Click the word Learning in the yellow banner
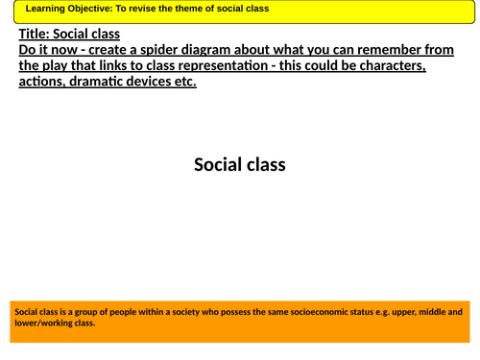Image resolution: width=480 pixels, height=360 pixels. point(46,11)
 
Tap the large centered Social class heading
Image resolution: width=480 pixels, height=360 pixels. point(239,164)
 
